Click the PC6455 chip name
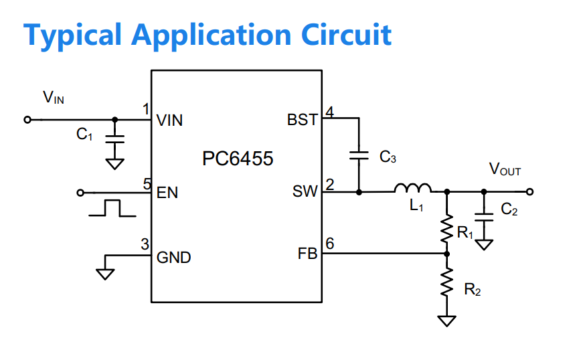[x=238, y=159]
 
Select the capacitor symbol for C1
[x=115, y=139]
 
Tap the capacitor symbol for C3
[x=359, y=155]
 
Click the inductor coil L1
[x=413, y=188]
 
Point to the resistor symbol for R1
[x=446, y=229]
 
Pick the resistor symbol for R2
[x=446, y=282]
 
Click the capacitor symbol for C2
[x=484, y=217]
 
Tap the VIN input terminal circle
[x=27, y=120]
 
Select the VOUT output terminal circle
[x=530, y=191]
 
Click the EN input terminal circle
[x=80, y=193]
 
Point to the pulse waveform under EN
[x=112, y=208]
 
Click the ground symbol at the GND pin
[x=105, y=274]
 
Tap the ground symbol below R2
[x=446, y=321]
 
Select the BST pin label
[x=303, y=120]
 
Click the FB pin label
[x=307, y=254]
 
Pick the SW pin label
[x=305, y=191]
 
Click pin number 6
[x=330, y=244]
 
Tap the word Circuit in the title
[x=346, y=35]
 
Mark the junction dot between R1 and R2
[x=447, y=254]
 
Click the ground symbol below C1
[x=115, y=164]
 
